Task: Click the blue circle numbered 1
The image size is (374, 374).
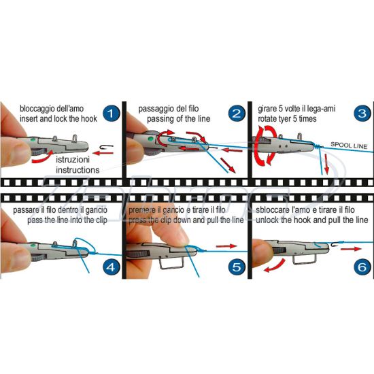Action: pos(111,114)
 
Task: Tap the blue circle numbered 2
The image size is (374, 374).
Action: pos(237,114)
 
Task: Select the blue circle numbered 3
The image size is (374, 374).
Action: pos(362,113)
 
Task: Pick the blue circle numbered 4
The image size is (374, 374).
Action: pos(111,267)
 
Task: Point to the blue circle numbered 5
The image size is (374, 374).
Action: pos(237,267)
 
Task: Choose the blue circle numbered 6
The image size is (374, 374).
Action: pos(362,267)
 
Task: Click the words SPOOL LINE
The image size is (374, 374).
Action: pos(349,145)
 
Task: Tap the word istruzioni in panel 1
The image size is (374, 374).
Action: pos(73,160)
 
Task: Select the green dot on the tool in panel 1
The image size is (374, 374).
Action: pos(33,139)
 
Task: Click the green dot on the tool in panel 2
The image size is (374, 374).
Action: pos(150,139)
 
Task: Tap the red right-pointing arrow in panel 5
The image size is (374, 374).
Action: pos(226,246)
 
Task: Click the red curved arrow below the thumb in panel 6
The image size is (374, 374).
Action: pos(274,266)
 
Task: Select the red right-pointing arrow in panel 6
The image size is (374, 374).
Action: pos(351,249)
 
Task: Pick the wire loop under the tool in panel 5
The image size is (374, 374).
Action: pos(171,262)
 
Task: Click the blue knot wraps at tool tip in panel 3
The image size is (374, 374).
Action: pos(317,146)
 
